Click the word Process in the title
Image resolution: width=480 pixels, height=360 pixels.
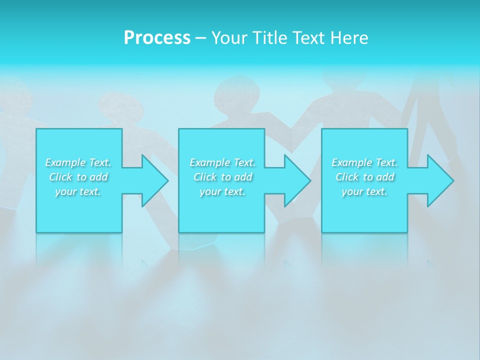pyautogui.click(x=157, y=38)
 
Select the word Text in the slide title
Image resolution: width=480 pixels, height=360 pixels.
pyautogui.click(x=307, y=38)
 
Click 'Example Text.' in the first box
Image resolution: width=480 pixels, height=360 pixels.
pyautogui.click(x=78, y=162)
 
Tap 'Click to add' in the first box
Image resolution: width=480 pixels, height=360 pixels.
pyautogui.click(x=78, y=177)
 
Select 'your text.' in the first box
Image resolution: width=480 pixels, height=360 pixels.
pyautogui.click(x=78, y=191)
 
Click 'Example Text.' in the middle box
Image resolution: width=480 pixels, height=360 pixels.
pyautogui.click(x=222, y=162)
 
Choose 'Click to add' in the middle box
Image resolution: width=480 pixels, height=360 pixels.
pyautogui.click(x=222, y=177)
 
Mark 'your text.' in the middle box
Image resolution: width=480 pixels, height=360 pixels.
pyautogui.click(x=222, y=191)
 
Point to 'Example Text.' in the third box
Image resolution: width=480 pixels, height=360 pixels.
pyautogui.click(x=364, y=162)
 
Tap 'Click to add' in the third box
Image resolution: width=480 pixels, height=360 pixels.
pyautogui.click(x=364, y=177)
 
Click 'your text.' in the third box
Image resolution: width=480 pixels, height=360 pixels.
pyautogui.click(x=364, y=191)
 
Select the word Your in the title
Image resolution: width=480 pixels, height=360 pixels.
pyautogui.click(x=228, y=38)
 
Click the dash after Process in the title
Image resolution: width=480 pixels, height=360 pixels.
pyautogui.click(x=201, y=38)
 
